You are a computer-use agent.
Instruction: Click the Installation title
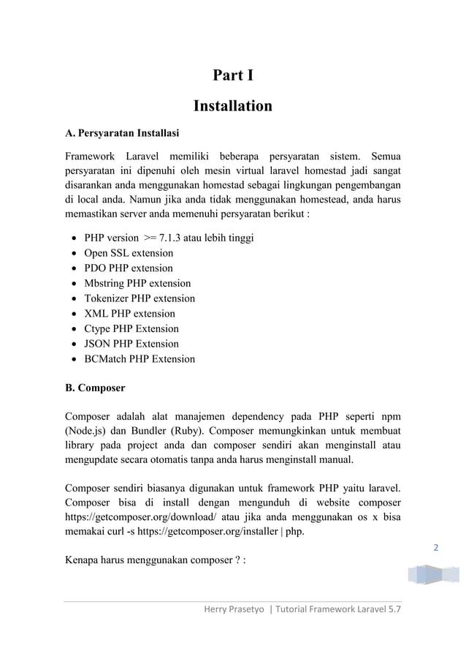[232, 107]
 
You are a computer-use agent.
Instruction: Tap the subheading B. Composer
[95, 388]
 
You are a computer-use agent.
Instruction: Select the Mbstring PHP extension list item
[137, 283]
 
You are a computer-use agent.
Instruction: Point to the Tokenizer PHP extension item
[140, 298]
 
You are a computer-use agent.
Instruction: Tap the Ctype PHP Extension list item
[131, 328]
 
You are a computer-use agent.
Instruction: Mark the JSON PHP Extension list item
[131, 344]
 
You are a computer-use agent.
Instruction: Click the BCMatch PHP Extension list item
[140, 359]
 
